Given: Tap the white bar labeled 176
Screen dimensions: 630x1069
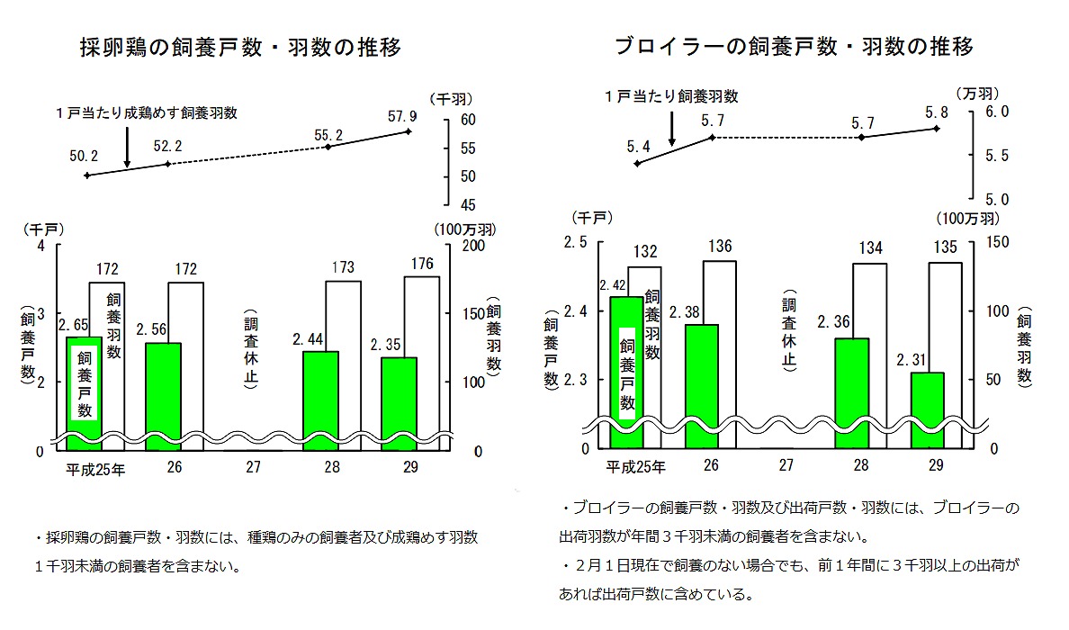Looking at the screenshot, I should [x=422, y=360].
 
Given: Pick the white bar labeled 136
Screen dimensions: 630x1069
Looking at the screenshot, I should [x=718, y=351].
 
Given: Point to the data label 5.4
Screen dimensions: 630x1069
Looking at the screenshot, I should [x=637, y=145].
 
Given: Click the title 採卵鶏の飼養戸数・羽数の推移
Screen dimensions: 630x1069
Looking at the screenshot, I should [x=241, y=46].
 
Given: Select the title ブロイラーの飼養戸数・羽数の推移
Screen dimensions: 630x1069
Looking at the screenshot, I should [x=795, y=46].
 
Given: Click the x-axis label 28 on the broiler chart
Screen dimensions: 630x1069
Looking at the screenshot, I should [x=861, y=465].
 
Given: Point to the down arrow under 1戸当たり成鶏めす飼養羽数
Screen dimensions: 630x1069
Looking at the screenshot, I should [x=128, y=147].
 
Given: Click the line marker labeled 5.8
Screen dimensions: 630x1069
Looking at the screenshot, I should [x=938, y=129].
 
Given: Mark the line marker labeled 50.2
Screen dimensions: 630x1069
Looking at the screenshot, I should [x=86, y=175].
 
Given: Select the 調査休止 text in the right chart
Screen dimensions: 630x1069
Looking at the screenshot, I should [x=788, y=334].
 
